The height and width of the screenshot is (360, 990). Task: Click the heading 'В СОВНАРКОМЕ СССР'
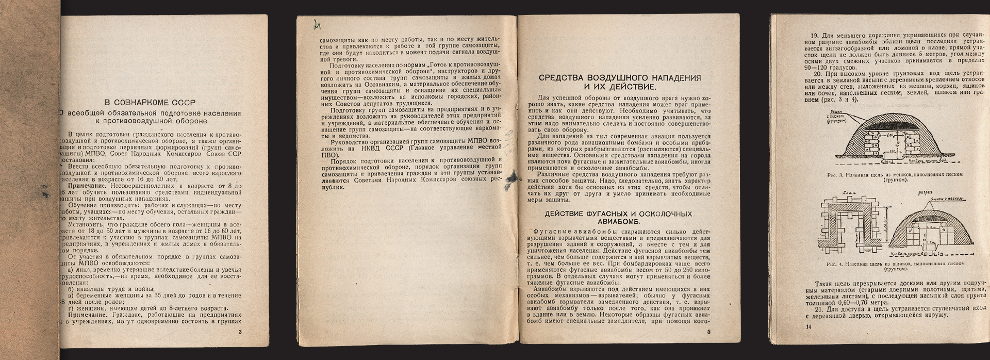150,102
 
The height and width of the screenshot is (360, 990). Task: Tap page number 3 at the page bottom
240,332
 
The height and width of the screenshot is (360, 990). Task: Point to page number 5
709,332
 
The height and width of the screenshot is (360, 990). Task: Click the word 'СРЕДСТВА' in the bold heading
564,78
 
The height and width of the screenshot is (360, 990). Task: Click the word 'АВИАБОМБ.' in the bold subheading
620,222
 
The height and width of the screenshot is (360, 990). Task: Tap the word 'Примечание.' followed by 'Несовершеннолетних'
87,185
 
